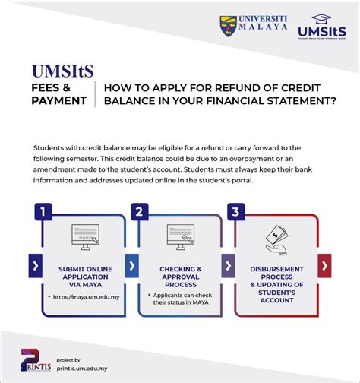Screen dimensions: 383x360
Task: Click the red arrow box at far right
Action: click(x=324, y=266)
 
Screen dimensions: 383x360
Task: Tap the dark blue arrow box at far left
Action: click(x=35, y=266)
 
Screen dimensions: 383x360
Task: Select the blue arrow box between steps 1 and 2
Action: click(x=132, y=266)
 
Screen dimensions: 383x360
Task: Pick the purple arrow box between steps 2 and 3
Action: click(x=228, y=266)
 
